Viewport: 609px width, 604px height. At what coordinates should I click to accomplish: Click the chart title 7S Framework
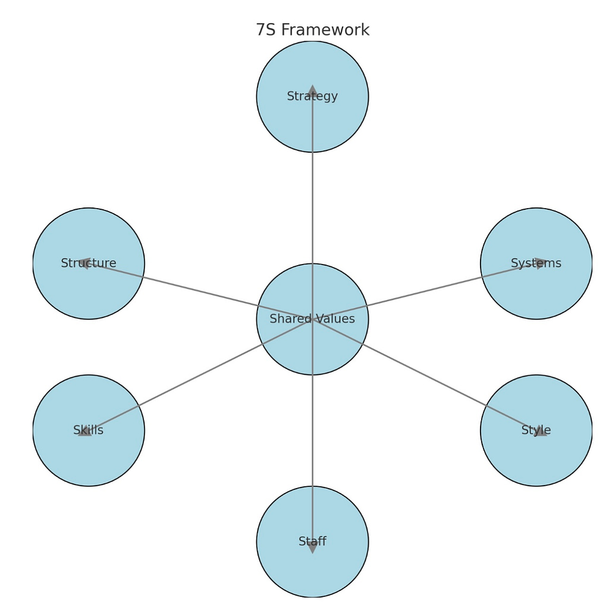click(312, 30)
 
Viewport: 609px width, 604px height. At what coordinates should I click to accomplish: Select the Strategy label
click(312, 96)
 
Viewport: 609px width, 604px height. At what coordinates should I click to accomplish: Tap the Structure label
click(89, 263)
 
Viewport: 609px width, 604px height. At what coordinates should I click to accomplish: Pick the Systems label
click(536, 263)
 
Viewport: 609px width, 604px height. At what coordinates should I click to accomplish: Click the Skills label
click(89, 430)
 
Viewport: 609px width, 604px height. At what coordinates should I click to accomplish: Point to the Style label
click(536, 430)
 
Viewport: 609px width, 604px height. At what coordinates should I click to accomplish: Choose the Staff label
click(312, 542)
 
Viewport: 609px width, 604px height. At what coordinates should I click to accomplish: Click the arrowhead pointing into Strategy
click(312, 91)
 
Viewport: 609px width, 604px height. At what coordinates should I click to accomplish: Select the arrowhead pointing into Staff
click(312, 547)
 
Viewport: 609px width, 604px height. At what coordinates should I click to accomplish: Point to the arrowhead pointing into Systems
click(540, 263)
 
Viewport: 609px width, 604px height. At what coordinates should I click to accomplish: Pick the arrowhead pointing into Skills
click(85, 430)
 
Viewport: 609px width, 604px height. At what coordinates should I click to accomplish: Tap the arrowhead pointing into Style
click(540, 432)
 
